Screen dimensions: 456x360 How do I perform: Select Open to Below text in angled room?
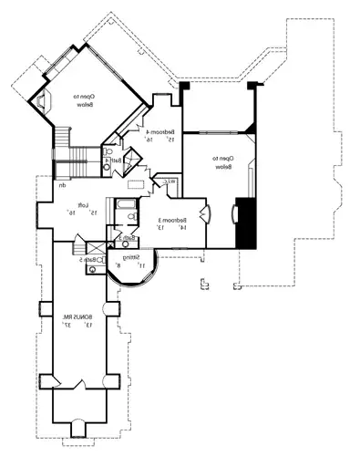[87, 100]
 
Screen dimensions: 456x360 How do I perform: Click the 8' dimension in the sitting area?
[129, 265]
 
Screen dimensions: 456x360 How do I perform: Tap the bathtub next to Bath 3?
[118, 212]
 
